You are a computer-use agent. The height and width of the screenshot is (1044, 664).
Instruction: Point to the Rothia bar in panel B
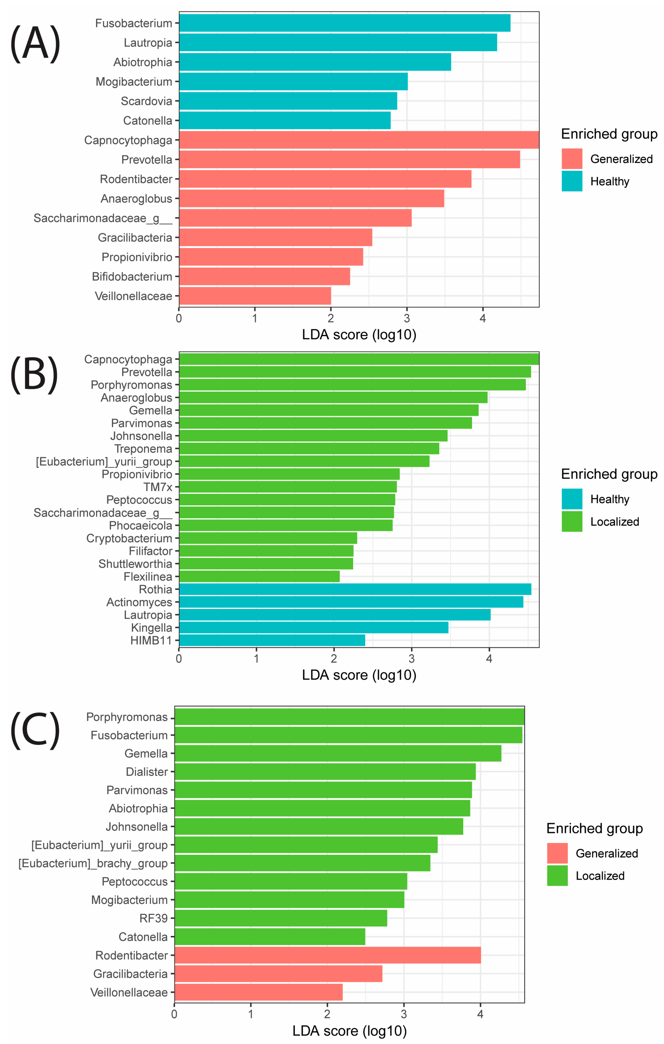pos(355,589)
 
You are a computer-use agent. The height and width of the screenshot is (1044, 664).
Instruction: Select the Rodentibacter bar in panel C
pos(327,955)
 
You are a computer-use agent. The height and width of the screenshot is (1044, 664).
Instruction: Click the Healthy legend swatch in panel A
pos(572,181)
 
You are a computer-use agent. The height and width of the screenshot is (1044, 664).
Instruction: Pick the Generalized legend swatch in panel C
pos(557,853)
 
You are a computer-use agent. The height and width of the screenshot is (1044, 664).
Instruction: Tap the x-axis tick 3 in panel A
pos(407,319)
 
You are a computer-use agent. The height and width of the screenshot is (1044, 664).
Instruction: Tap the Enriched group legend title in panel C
pos(594,829)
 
